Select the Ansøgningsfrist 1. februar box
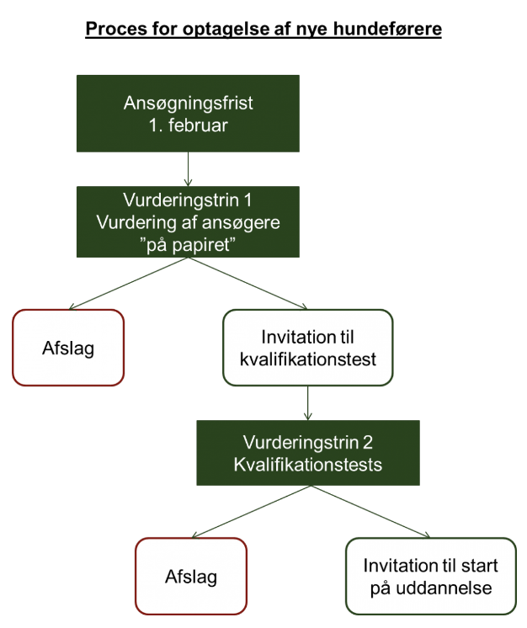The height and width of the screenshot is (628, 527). (188, 113)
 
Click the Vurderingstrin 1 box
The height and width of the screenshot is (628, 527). (188, 221)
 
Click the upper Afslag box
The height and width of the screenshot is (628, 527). (68, 348)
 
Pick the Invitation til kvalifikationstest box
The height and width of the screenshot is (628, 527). (308, 348)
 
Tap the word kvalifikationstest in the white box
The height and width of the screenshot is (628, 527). (308, 359)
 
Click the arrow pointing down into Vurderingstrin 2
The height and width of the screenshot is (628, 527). (309, 403)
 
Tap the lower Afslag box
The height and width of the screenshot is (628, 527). (191, 577)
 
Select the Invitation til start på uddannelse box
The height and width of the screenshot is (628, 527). (431, 577)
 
